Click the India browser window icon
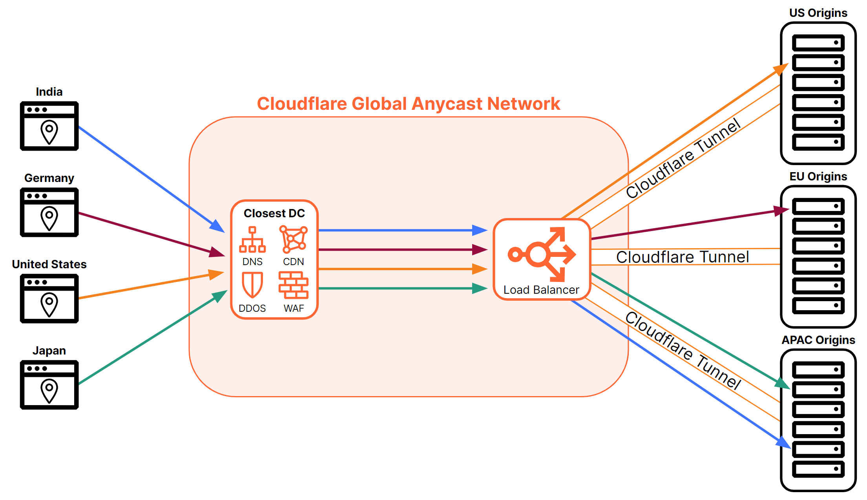click(x=49, y=126)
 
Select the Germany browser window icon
click(x=49, y=213)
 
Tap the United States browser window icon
click(x=49, y=299)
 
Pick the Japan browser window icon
click(x=49, y=385)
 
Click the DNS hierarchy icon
click(x=252, y=240)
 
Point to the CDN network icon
click(x=293, y=239)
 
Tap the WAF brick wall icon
click(x=293, y=285)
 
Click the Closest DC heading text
click(x=274, y=213)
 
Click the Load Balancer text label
click(x=541, y=290)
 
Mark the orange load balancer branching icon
click(x=542, y=255)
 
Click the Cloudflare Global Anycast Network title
click(x=408, y=104)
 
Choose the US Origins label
click(x=818, y=13)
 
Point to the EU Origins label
click(x=818, y=176)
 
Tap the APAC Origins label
click(x=818, y=340)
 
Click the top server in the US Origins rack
click(x=818, y=43)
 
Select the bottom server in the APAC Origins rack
click(x=818, y=469)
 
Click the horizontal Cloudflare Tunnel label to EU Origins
click(x=683, y=257)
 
